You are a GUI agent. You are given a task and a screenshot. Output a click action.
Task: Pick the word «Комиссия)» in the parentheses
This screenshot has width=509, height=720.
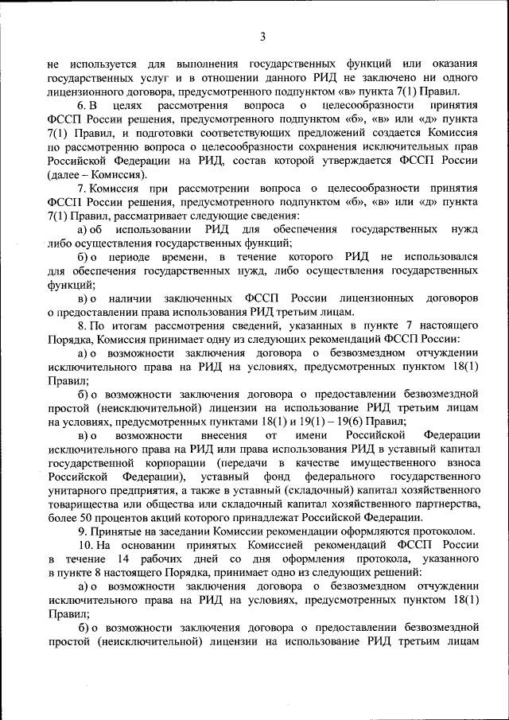point(119,174)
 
